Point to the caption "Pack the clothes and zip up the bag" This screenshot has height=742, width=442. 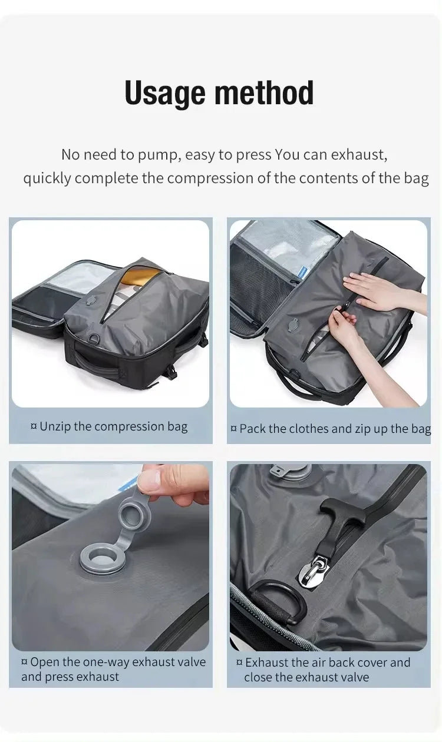331,429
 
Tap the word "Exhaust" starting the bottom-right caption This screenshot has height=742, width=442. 266,662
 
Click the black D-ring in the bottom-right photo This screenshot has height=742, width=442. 278,601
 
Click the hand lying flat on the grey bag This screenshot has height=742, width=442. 378,291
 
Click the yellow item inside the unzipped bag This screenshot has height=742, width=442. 144,276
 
